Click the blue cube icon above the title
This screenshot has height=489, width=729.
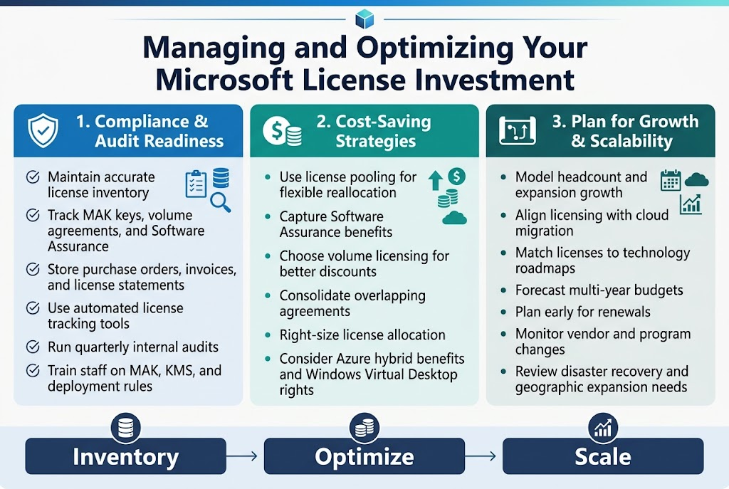[x=364, y=19]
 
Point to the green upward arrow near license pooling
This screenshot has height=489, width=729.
[x=434, y=181]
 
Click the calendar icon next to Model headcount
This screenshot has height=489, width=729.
[x=671, y=180]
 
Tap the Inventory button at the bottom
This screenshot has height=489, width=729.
[x=125, y=456]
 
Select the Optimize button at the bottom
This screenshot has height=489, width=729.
[x=364, y=456]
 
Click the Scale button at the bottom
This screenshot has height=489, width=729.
[x=602, y=456]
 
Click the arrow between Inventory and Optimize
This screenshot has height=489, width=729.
[x=244, y=456]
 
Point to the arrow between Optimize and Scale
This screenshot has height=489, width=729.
[x=483, y=456]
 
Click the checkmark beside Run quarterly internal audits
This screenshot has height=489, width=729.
[x=33, y=347]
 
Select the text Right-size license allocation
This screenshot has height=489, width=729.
[x=362, y=335]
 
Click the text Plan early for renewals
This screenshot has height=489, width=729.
[x=582, y=312]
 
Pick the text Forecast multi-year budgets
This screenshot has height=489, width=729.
[x=599, y=290]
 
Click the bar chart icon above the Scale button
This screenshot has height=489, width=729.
[x=602, y=428]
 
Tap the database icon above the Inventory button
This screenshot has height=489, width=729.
[x=125, y=428]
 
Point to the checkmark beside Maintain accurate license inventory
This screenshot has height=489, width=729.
[x=33, y=177]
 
